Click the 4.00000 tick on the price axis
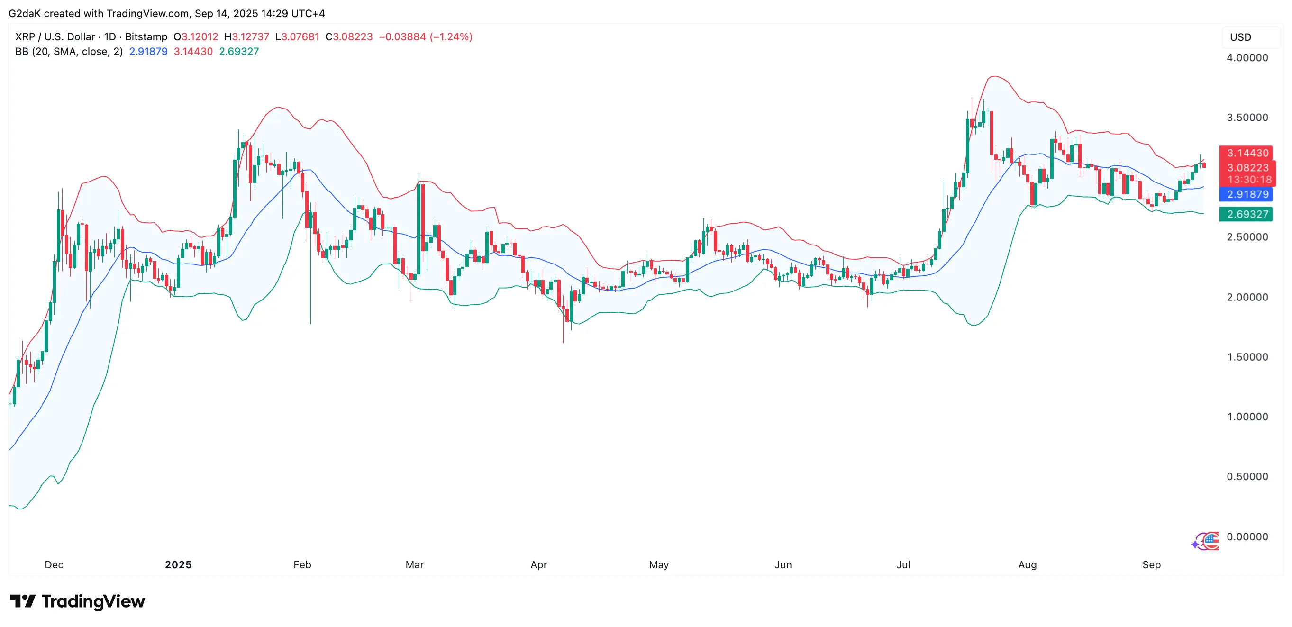click(1247, 58)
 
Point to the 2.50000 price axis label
click(1247, 237)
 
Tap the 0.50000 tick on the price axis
click(1247, 476)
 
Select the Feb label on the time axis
click(302, 565)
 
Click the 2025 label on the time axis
click(178, 565)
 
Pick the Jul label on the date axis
click(903, 565)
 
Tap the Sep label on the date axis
click(1151, 565)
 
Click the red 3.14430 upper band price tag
click(1247, 153)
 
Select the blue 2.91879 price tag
click(1247, 194)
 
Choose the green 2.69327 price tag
click(1247, 214)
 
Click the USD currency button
click(1240, 37)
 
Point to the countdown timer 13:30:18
click(1249, 180)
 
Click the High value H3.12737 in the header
click(247, 36)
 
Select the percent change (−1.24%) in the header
click(451, 36)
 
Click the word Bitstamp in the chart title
click(146, 36)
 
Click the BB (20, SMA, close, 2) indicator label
click(69, 51)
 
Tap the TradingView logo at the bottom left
click(78, 601)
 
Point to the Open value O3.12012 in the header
click(196, 36)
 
